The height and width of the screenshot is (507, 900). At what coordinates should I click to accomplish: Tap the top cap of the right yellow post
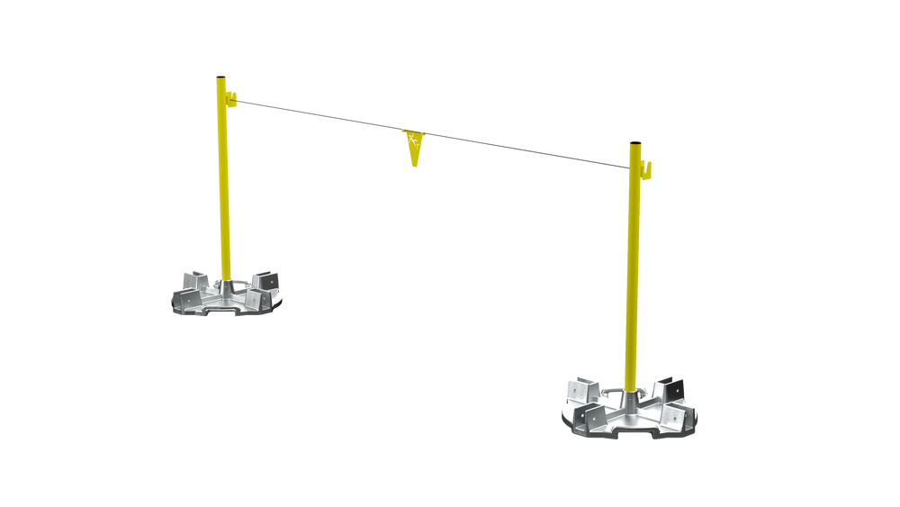click(635, 142)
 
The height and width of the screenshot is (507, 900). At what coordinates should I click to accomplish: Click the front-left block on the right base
click(595, 414)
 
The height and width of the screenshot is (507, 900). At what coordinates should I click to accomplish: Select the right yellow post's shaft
click(634, 270)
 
